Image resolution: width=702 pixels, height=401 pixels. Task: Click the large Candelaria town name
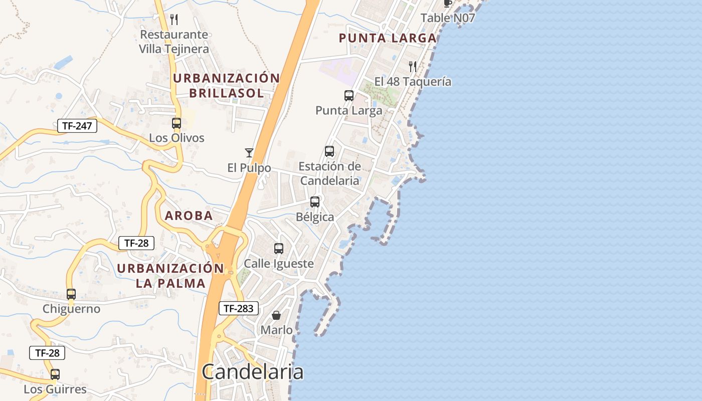(x=252, y=372)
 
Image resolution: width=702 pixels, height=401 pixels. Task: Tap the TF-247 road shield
(x=77, y=126)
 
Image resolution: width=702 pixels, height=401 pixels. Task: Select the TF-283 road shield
(x=238, y=308)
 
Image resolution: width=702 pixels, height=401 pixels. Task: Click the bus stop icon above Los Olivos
(x=177, y=123)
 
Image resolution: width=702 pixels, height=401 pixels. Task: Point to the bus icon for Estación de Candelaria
(x=329, y=151)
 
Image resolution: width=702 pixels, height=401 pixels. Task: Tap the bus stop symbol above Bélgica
(x=315, y=202)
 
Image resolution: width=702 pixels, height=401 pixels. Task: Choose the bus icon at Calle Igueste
(x=279, y=248)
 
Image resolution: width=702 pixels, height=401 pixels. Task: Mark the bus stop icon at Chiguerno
(x=71, y=294)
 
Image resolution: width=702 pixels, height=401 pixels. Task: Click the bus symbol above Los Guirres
(x=55, y=374)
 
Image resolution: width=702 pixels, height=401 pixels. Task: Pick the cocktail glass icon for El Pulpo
(x=249, y=152)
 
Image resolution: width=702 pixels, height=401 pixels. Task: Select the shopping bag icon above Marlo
(x=276, y=315)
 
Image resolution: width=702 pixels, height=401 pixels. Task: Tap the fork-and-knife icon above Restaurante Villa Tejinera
(x=174, y=20)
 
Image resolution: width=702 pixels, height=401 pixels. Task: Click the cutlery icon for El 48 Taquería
(x=413, y=66)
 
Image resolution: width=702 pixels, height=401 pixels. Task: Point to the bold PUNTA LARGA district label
(x=388, y=38)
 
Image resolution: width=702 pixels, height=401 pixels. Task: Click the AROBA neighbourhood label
(x=189, y=216)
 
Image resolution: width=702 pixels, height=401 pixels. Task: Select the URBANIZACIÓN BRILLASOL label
(x=226, y=85)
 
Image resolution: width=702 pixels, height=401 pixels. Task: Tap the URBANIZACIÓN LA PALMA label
(x=170, y=275)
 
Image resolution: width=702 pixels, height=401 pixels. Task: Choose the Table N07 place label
(x=447, y=18)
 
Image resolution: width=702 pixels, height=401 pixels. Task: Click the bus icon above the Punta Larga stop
(x=348, y=95)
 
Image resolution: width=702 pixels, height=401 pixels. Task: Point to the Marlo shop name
(x=276, y=330)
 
